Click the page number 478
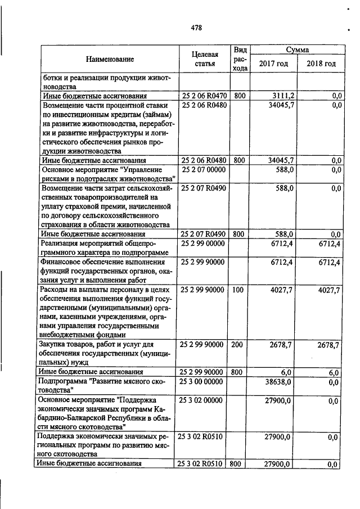pos(196,28)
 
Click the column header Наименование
pos(110,58)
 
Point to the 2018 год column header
pos(321,64)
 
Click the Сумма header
pos(297,49)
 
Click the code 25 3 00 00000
pos(201,382)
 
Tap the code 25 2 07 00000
pos(201,169)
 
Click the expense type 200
pos(238,344)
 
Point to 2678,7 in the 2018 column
pos(328,344)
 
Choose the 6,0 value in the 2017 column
pos(286,372)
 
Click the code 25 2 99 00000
pos(201,244)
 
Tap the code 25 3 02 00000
pos(201,401)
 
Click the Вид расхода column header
pos(239,58)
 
